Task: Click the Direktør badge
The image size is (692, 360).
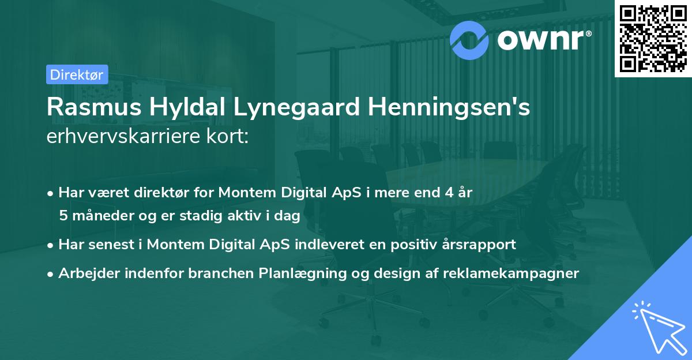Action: coord(76,74)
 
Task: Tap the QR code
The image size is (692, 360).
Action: coord(653,38)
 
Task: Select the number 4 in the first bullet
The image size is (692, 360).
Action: coord(448,193)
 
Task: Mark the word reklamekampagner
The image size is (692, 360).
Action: coord(511,273)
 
